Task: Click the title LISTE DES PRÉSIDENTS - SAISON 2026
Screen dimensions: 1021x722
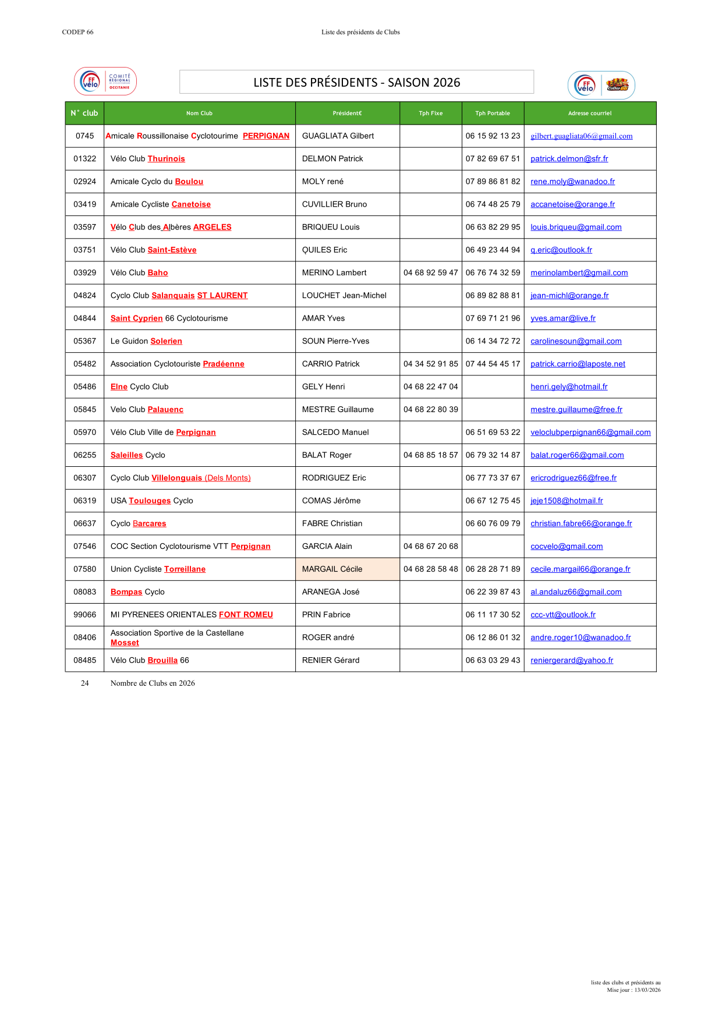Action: [x=356, y=83]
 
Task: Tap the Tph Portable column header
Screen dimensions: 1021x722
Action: [x=493, y=114]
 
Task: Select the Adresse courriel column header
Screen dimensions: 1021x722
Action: [x=590, y=114]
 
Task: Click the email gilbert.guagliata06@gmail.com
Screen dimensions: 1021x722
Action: [x=581, y=136]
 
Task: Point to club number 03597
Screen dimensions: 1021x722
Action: [x=84, y=227]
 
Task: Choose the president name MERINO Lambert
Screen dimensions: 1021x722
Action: [x=334, y=272]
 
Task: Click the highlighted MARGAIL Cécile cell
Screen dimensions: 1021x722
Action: [x=347, y=569]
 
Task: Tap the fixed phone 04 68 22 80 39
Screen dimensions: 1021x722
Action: [x=430, y=409]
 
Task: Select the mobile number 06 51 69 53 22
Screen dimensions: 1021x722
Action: [x=493, y=432]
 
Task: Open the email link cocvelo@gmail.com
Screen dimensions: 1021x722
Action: [x=567, y=546]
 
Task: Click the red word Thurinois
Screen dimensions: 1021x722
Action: [x=167, y=159]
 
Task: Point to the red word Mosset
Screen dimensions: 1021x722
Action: [x=125, y=643]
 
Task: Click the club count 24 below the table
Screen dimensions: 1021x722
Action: [x=85, y=683]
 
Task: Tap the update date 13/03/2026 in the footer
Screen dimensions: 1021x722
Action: [x=647, y=990]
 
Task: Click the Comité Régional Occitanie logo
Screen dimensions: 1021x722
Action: [x=105, y=81]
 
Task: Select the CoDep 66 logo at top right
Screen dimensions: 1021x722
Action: [x=601, y=86]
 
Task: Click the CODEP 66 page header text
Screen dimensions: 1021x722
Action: [x=77, y=32]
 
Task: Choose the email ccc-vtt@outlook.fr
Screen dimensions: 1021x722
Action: [x=563, y=615]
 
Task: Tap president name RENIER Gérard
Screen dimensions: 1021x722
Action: [x=331, y=660]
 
